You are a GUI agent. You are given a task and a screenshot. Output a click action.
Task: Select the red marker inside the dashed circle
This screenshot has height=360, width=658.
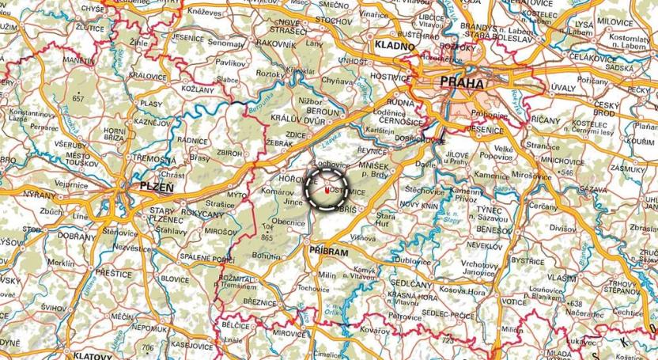coord(327,189)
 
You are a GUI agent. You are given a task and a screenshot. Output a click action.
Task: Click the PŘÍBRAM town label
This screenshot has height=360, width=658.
coord(327,249)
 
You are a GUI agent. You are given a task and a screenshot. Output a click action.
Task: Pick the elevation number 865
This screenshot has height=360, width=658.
coord(266,238)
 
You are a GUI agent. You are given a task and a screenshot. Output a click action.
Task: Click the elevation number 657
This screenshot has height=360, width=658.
coord(78,98)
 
